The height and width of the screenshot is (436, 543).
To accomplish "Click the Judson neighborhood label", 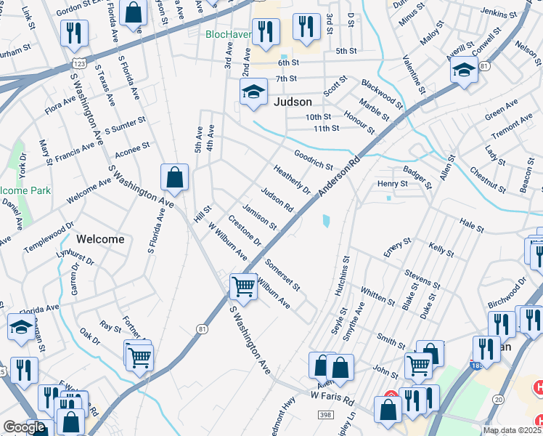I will pos(293,102).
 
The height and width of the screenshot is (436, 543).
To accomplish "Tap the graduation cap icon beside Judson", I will pos(253,92).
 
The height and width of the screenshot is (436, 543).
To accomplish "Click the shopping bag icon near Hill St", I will pos(175,177).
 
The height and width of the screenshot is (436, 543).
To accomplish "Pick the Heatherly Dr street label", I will pos(292,179).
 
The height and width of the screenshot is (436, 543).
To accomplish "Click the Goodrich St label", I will pos(314,160).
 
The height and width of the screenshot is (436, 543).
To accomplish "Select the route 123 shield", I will pos(79,64).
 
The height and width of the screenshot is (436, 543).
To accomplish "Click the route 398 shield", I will pos(325,413).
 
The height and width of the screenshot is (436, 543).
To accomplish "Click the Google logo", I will pos(24,427).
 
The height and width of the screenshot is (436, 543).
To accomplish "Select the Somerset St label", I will pos(282,274).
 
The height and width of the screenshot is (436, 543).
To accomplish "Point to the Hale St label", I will pos(471,227).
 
